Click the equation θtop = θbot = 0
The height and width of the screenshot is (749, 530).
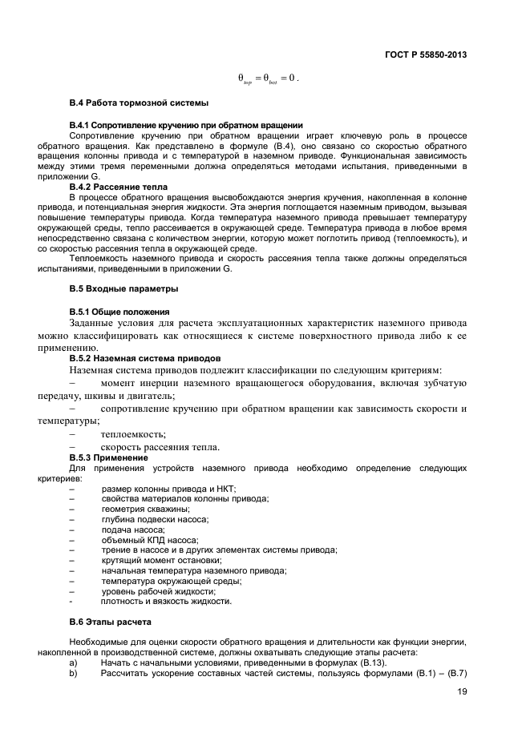point(269,79)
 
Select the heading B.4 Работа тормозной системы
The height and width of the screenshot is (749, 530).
point(139,103)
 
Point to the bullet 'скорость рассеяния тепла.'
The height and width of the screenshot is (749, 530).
point(160,446)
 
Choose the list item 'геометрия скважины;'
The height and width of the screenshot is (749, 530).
point(145,509)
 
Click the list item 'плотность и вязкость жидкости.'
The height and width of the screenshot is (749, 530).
point(166,601)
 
